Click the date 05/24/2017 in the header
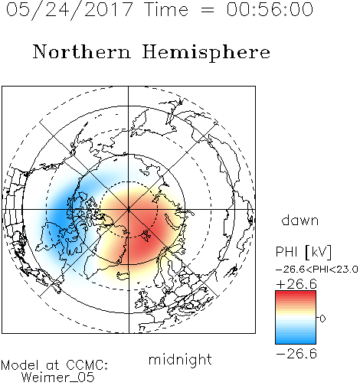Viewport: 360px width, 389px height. point(70,10)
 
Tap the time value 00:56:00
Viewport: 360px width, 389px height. point(270,9)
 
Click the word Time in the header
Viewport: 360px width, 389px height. point(166,9)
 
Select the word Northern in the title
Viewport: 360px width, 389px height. point(82,51)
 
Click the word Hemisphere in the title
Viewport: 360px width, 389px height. point(206,53)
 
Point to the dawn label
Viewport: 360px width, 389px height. point(300,220)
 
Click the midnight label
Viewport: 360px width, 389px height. point(180,359)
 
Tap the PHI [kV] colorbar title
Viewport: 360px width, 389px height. point(303,252)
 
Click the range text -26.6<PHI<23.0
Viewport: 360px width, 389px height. point(317,270)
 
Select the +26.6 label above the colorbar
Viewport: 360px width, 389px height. point(296,284)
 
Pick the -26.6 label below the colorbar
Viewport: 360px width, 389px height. point(296,354)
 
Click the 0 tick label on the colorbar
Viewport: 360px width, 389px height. point(322,319)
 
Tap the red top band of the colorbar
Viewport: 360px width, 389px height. point(296,294)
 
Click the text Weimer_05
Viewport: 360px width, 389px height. point(58,378)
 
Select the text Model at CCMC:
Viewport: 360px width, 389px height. point(54,365)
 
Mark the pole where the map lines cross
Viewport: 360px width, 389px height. point(129,209)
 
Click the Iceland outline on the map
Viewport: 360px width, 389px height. point(123,275)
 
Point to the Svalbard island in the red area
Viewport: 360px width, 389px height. point(146,235)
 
